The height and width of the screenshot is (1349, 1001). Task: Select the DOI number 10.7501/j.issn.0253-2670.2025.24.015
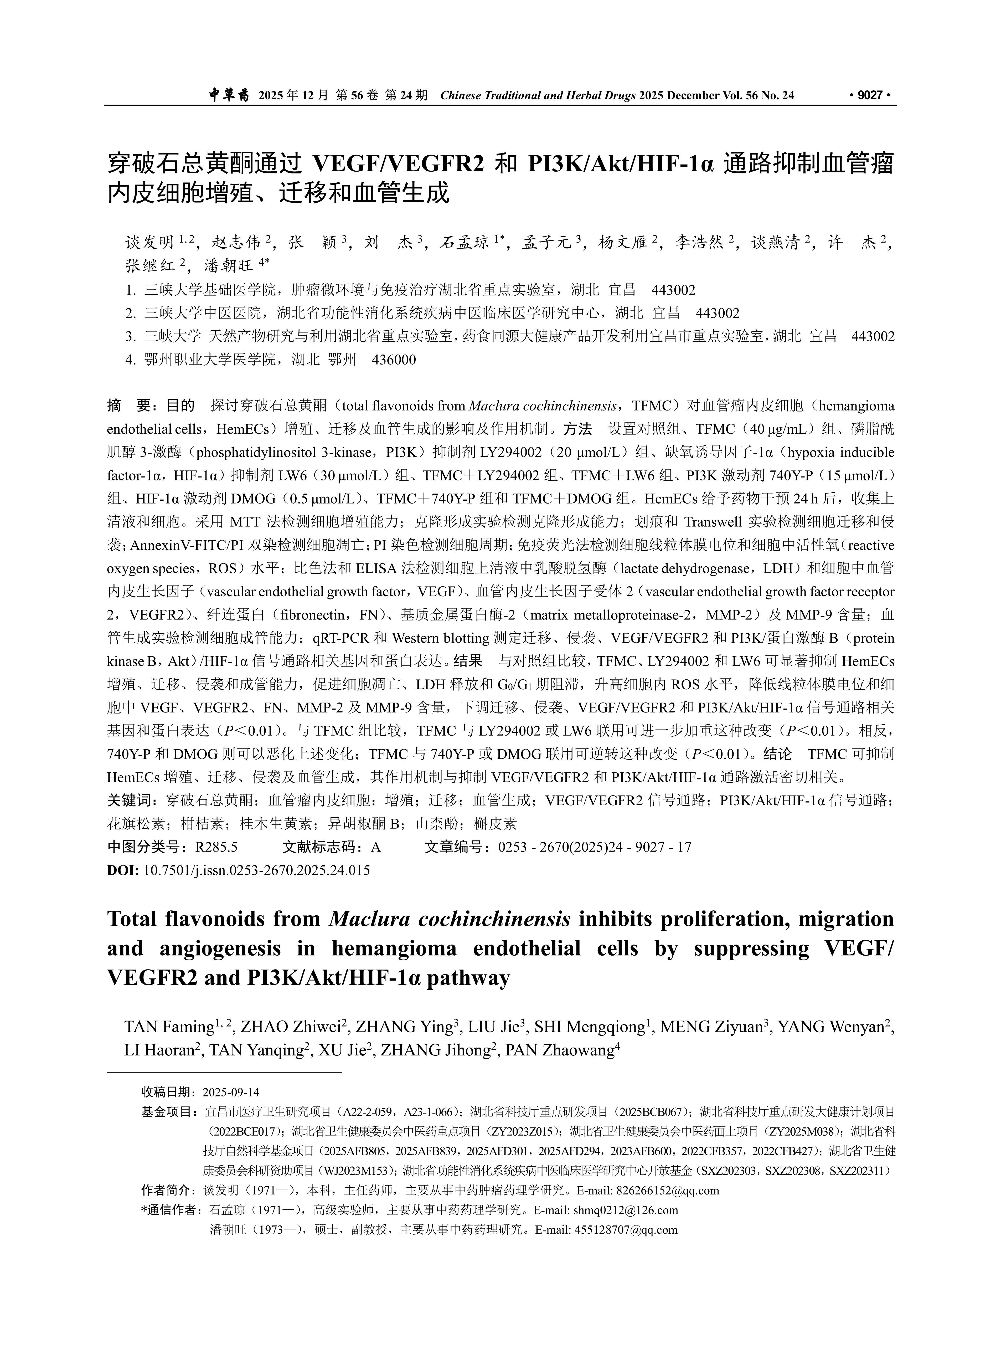point(256,870)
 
